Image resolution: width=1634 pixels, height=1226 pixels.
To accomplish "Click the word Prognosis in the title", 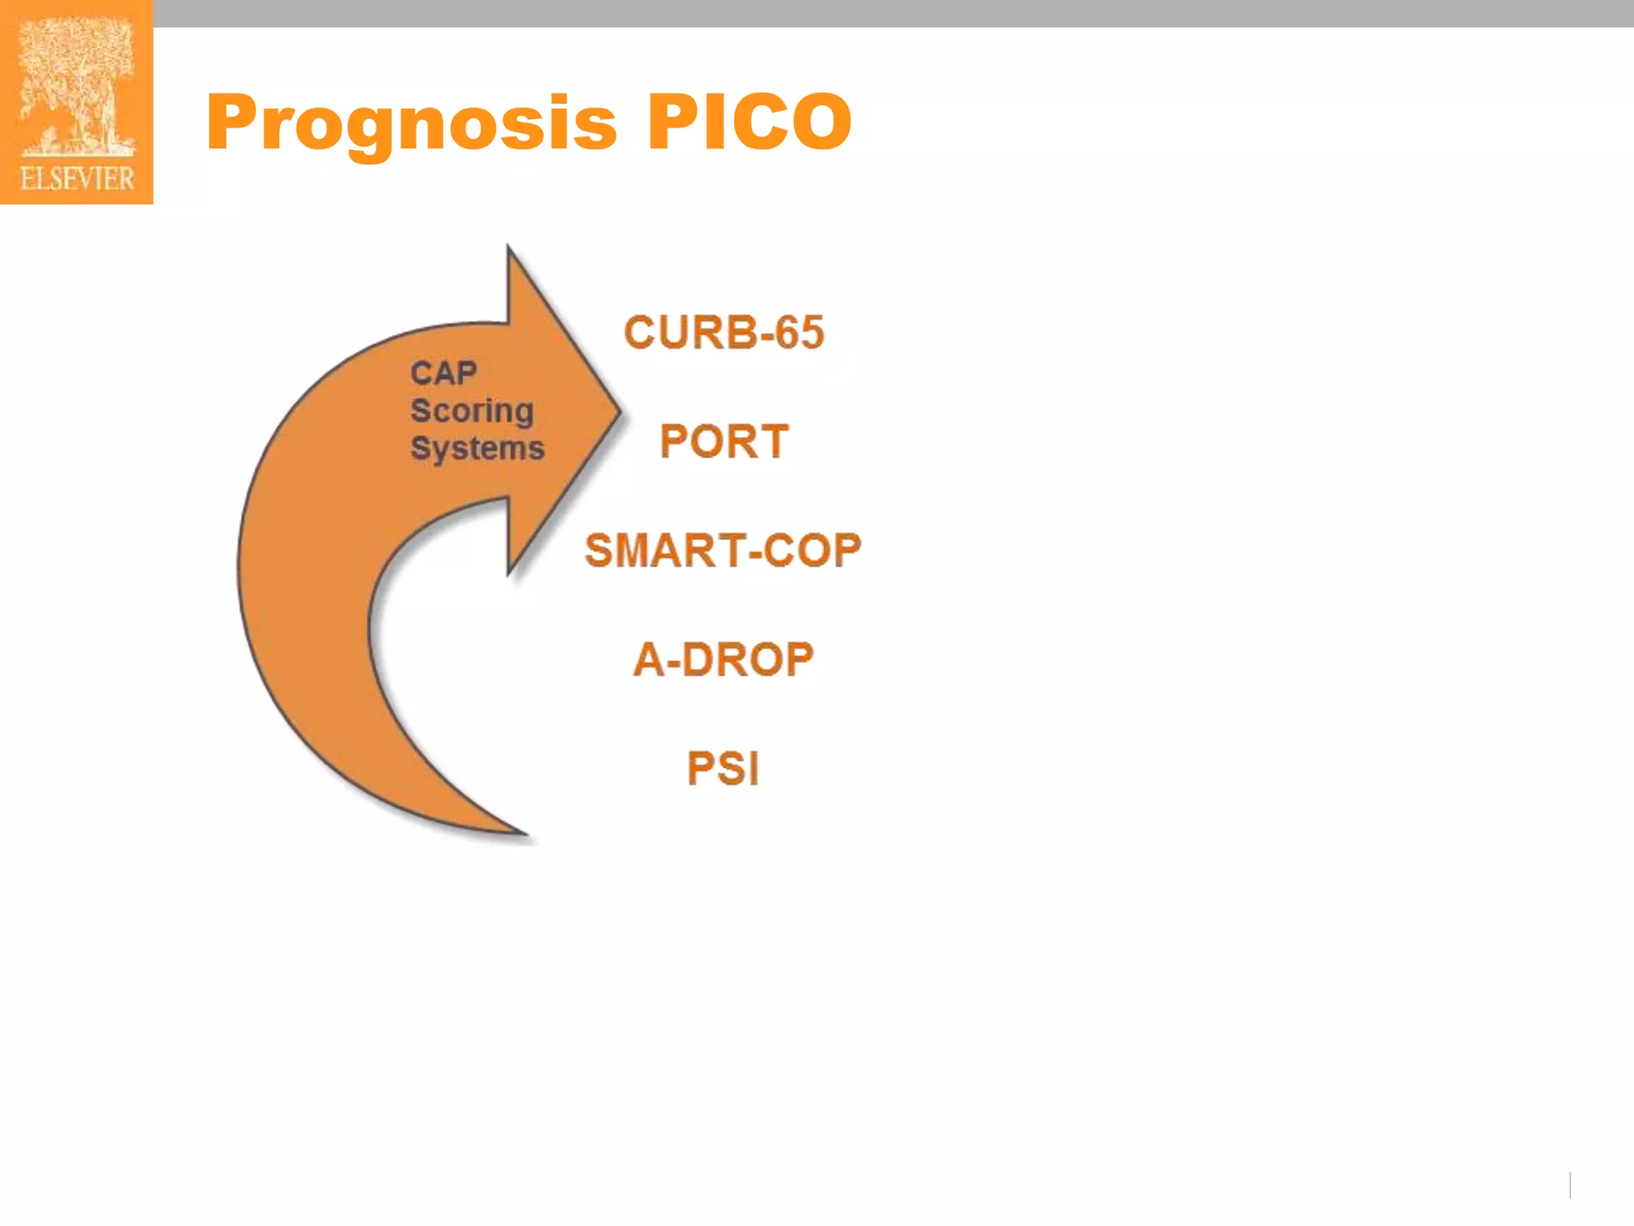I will pos(411,124).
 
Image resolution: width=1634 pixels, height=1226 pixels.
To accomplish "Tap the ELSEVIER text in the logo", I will pos(77,179).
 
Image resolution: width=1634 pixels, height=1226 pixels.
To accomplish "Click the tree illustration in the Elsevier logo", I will pos(77,84).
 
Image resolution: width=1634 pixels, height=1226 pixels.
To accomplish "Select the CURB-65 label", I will pos(723,332).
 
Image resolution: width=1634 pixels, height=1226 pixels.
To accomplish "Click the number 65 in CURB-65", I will pos(799,332).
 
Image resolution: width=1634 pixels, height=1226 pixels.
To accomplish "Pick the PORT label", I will pos(724,441).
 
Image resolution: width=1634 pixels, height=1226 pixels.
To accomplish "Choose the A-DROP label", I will pos(723,660).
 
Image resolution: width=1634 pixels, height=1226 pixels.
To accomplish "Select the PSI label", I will pos(723,769).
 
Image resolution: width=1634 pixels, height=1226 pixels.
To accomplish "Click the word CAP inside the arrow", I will pos(444,373).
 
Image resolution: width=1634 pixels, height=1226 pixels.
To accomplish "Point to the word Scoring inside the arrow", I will pos(472,411).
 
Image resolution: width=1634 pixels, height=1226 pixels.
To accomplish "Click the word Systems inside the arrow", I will pos(477,449).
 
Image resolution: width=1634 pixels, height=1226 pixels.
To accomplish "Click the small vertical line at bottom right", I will pos(1569,1184).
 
